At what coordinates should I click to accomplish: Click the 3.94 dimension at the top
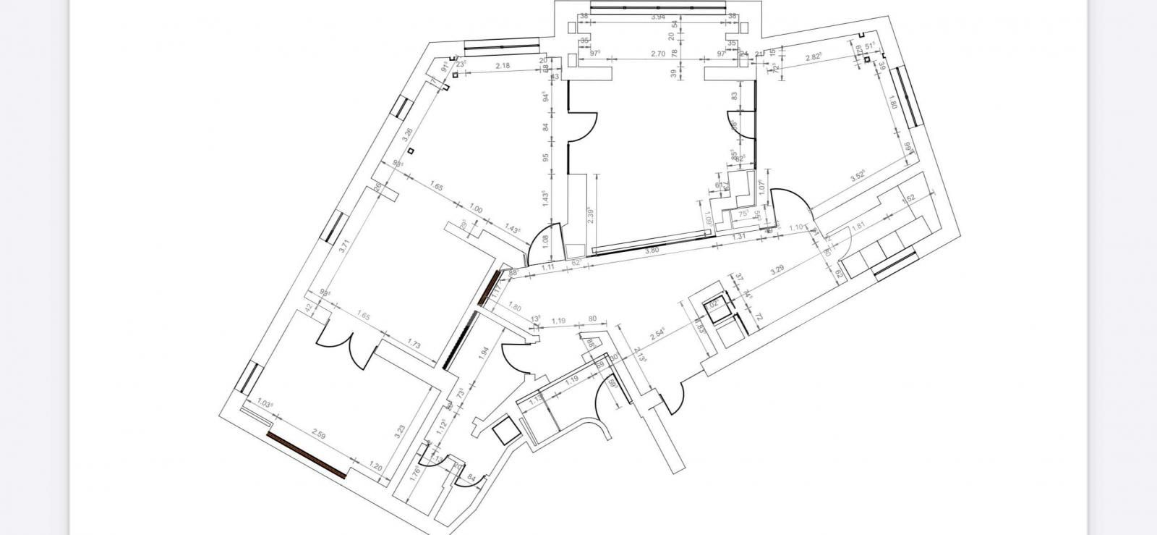[658, 16]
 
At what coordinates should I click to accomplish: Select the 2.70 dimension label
[658, 54]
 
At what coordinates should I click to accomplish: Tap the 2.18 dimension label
[502, 66]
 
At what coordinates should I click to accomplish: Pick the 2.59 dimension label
[318, 434]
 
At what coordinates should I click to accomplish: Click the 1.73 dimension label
[414, 345]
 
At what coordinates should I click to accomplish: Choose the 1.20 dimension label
[375, 466]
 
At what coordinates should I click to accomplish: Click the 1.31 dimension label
[739, 237]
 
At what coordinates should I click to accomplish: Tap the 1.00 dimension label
[475, 209]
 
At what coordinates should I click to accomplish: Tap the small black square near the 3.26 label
[411, 151]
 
